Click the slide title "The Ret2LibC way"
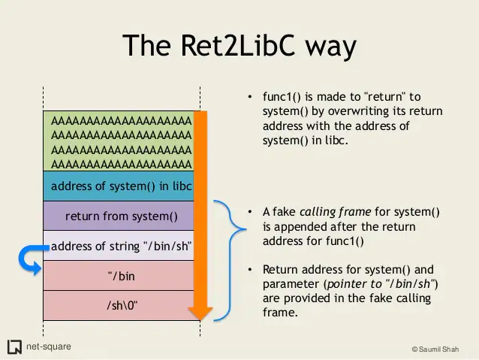tap(239, 47)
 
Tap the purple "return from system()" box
tap(121, 216)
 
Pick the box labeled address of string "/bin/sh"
tap(121, 246)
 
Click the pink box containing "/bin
tap(121, 276)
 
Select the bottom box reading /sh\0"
tap(121, 305)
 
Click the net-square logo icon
tap(14, 346)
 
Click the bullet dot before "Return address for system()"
tap(250, 270)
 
